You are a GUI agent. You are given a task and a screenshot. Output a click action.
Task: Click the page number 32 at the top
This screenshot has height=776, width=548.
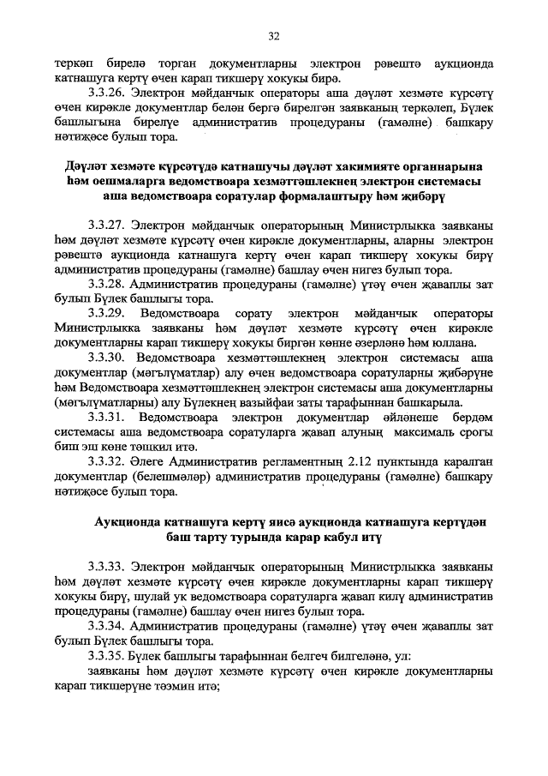pos(274,36)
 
